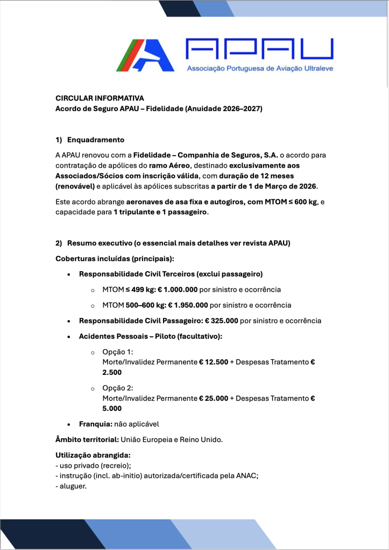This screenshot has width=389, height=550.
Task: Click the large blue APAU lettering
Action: pos(259,49)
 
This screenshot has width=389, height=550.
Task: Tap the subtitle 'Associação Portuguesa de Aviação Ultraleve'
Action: pos(259,69)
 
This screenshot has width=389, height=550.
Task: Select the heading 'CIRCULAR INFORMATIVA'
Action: pos(100,98)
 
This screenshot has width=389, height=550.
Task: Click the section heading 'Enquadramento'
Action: pos(95,140)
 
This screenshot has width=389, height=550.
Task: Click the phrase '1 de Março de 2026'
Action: pos(281,186)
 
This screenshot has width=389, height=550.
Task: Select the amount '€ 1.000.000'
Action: pos(177,290)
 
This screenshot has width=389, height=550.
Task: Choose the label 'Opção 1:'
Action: pos(114,352)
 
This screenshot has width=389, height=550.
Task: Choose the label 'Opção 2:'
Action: pos(114,388)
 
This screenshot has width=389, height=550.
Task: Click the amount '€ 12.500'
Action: pos(214,362)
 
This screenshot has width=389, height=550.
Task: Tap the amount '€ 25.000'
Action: pos(214,398)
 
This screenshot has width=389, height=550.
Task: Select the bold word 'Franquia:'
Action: pos(96,424)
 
